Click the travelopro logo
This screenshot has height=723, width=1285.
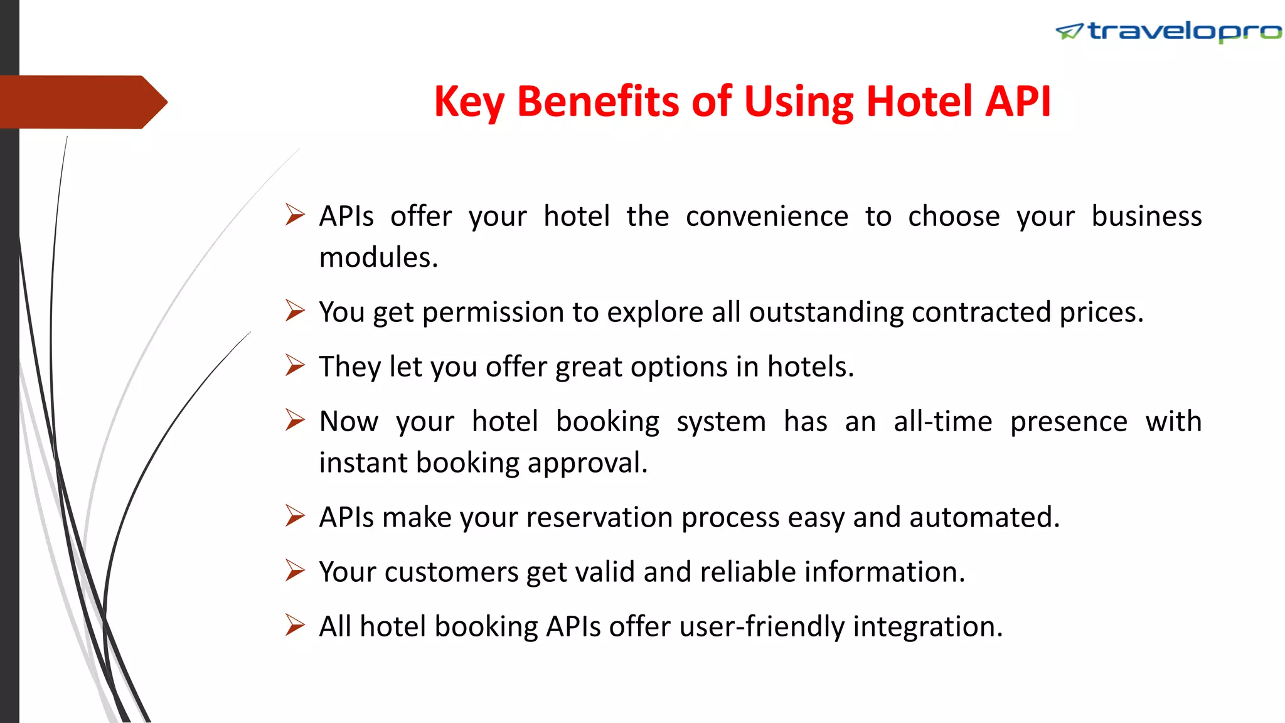coord(1168,31)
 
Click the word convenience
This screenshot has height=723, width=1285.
coord(767,217)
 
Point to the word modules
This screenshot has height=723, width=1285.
coord(378,257)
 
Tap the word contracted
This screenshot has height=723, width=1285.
coord(981,313)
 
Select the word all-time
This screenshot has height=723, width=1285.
coord(942,422)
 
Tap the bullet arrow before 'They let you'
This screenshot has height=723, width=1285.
coord(295,365)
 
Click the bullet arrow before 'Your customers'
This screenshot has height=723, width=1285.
coord(295,570)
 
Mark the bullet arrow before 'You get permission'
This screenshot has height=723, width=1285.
coord(295,310)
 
